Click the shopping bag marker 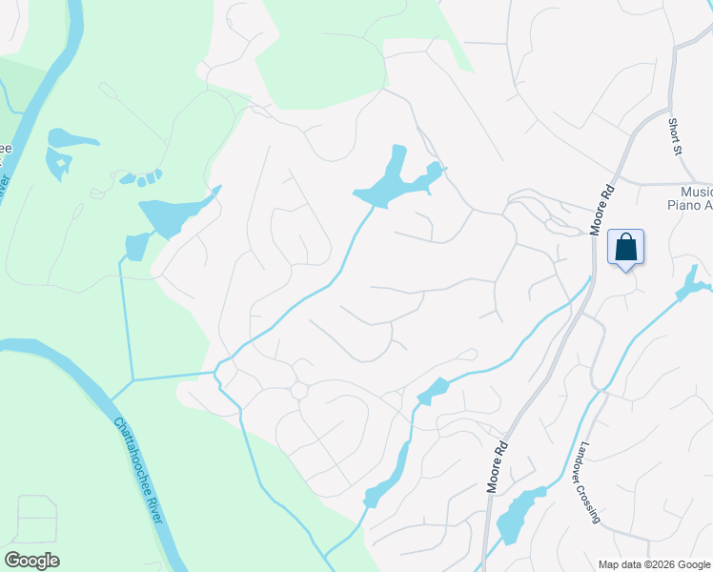pos(625,248)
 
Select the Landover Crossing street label pos(588,482)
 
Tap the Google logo pos(31,561)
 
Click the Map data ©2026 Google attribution pos(654,564)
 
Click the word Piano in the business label pos(682,205)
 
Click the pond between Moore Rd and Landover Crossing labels pos(519,515)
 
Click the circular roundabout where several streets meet pos(298,391)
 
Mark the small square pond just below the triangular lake pos(136,246)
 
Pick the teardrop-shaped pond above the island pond pos(71,138)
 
